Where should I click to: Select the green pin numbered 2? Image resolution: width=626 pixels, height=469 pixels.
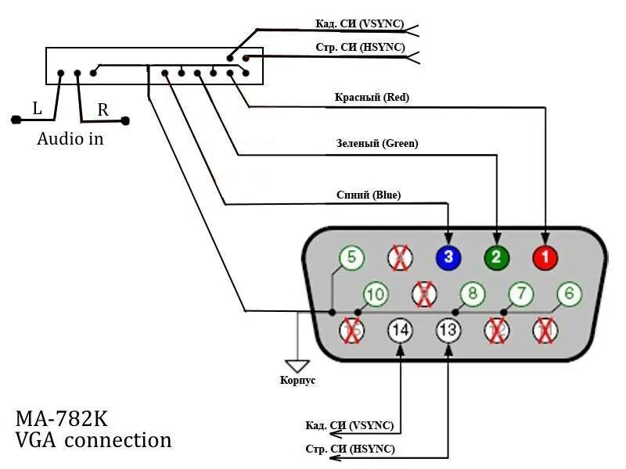(x=496, y=256)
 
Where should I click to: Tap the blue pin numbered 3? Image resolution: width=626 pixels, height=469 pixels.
(x=448, y=257)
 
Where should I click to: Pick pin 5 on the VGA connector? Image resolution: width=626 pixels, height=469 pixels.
(x=352, y=257)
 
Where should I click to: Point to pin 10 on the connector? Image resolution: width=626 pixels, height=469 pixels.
(x=376, y=295)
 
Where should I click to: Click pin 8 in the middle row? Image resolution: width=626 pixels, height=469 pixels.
(x=472, y=295)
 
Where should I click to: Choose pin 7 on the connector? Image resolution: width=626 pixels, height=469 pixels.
(x=520, y=295)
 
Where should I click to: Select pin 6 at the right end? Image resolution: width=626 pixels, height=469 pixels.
(x=569, y=295)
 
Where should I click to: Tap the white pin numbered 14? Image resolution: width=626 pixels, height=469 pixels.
(x=400, y=331)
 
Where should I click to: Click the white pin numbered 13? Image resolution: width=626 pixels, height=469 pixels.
(x=448, y=331)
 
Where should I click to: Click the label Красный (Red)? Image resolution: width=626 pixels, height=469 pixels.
(x=372, y=98)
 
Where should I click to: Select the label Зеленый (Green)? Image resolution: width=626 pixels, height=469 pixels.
(x=377, y=144)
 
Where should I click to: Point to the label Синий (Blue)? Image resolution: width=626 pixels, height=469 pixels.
(x=368, y=195)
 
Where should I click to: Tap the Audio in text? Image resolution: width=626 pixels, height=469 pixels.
(x=70, y=140)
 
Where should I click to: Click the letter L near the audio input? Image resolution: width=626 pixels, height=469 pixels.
(x=37, y=109)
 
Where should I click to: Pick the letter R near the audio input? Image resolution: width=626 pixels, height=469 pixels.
(x=103, y=110)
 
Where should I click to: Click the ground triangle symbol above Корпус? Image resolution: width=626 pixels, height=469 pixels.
(x=298, y=365)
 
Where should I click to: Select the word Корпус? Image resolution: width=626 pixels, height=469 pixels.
(x=297, y=381)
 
